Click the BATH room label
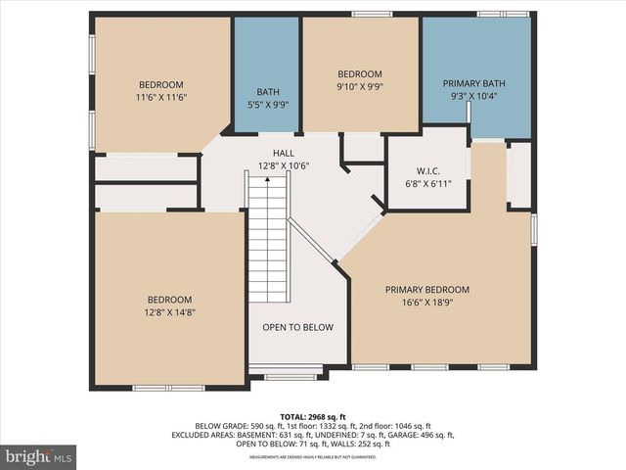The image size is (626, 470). coord(268,92)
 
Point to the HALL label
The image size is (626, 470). coord(283,154)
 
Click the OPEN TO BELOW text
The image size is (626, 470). coord(297,327)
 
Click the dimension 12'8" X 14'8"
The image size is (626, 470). coord(170,312)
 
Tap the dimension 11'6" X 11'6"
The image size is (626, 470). coord(160,98)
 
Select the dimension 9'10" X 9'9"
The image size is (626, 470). coord(360,86)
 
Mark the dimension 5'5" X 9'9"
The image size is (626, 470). coord(268,105)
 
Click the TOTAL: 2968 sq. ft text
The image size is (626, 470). coord(313,417)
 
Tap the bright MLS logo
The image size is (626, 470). coord(39,456)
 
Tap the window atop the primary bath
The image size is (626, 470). coord(503,14)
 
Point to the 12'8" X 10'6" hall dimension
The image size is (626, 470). coord(283,166)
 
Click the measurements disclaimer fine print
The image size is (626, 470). coord(313,457)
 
